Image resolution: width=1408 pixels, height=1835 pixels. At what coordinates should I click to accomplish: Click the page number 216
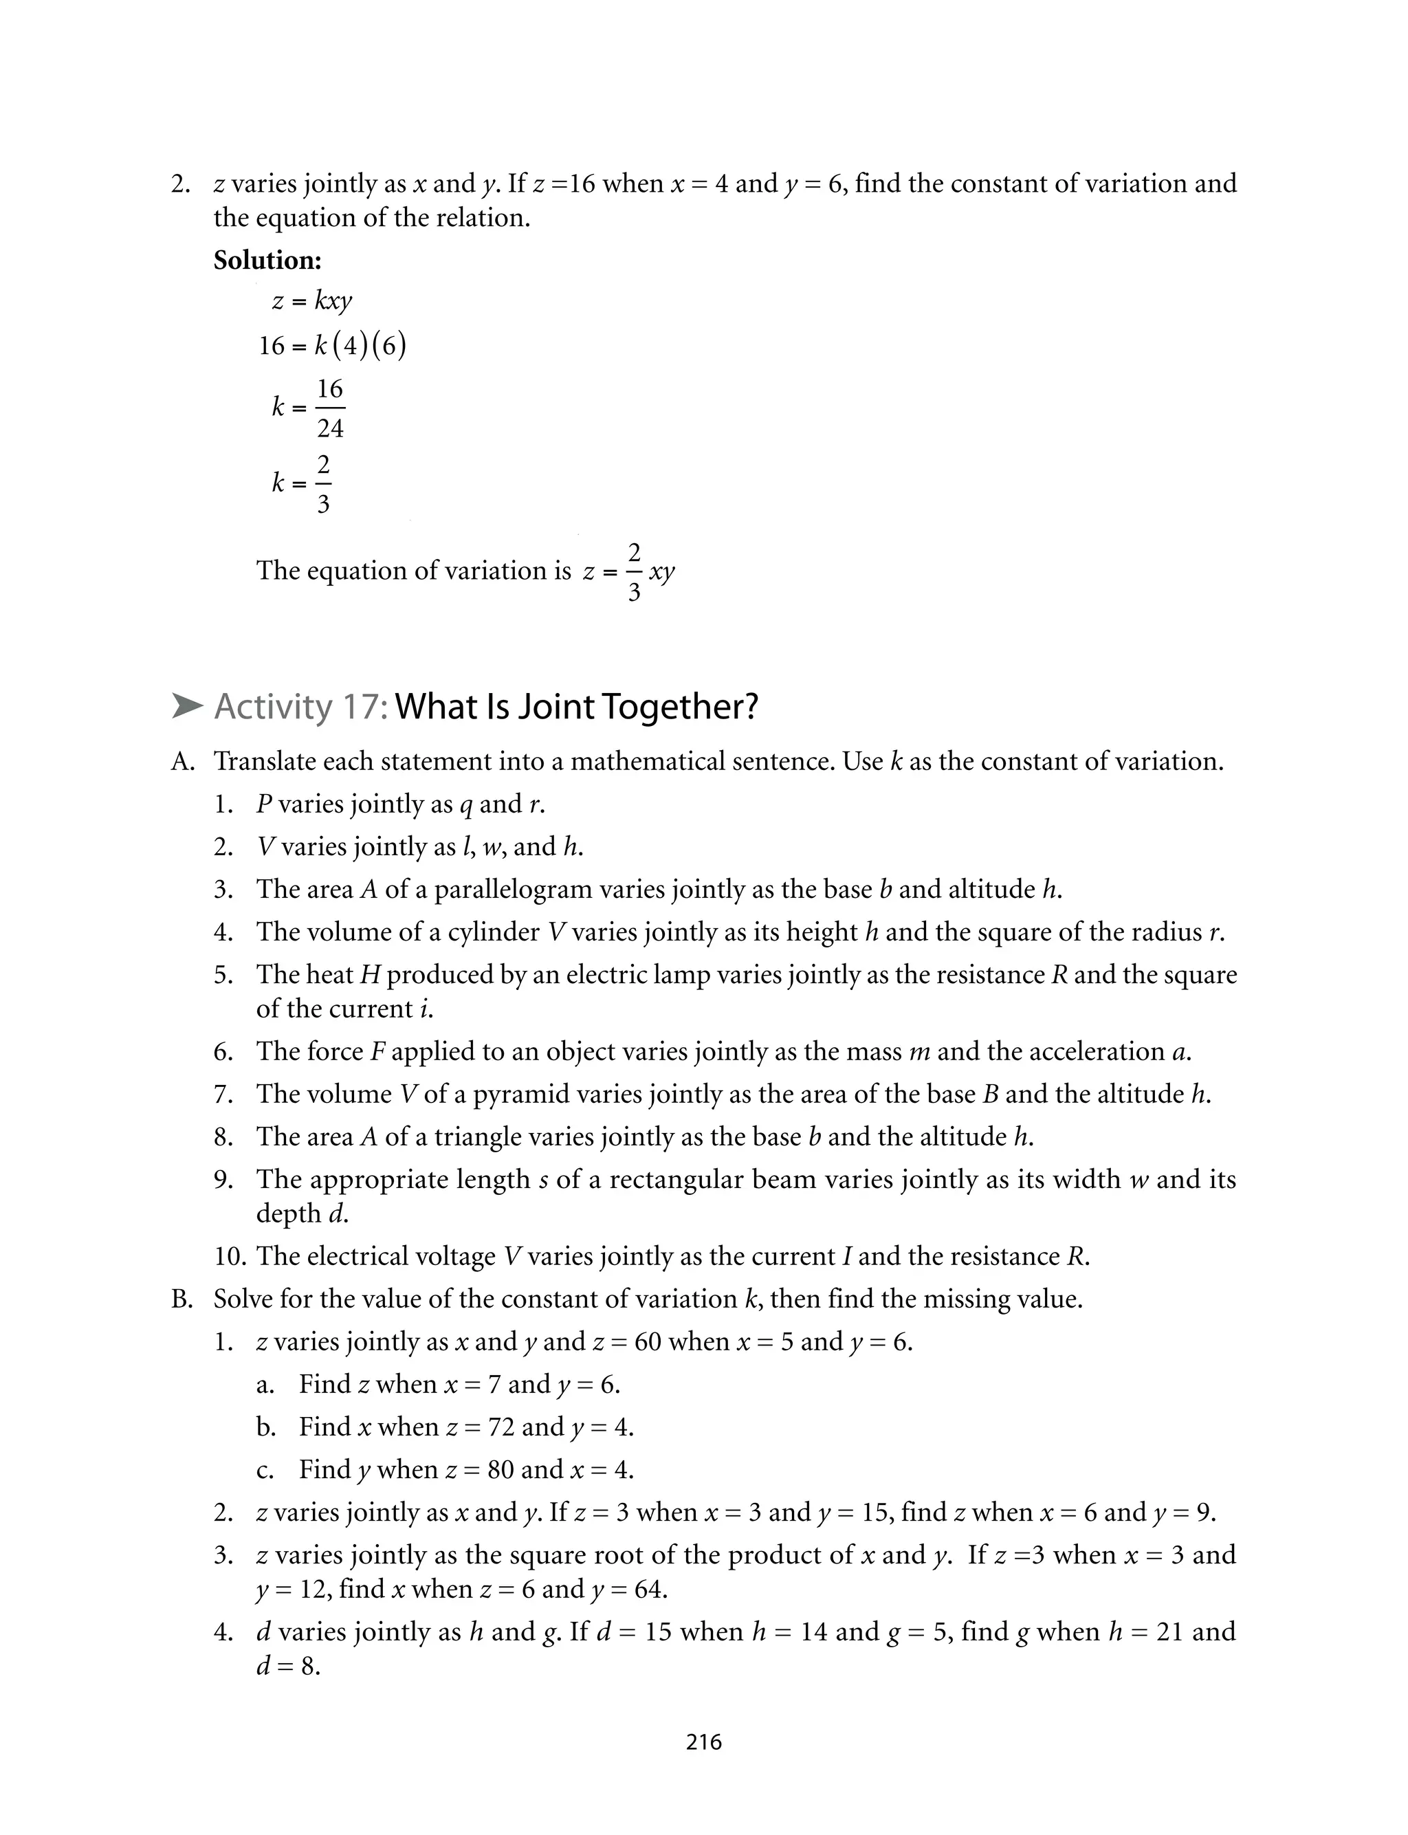703,1741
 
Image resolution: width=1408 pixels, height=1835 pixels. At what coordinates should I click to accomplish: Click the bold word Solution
267,261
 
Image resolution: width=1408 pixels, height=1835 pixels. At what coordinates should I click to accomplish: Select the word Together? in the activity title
681,707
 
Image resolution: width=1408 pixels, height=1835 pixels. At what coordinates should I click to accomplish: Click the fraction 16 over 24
330,408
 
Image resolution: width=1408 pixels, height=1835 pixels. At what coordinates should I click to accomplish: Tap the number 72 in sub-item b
501,1427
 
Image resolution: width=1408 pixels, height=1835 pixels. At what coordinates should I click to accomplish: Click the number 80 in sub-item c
501,1470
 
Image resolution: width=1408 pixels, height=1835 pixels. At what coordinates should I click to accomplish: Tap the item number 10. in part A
231,1257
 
